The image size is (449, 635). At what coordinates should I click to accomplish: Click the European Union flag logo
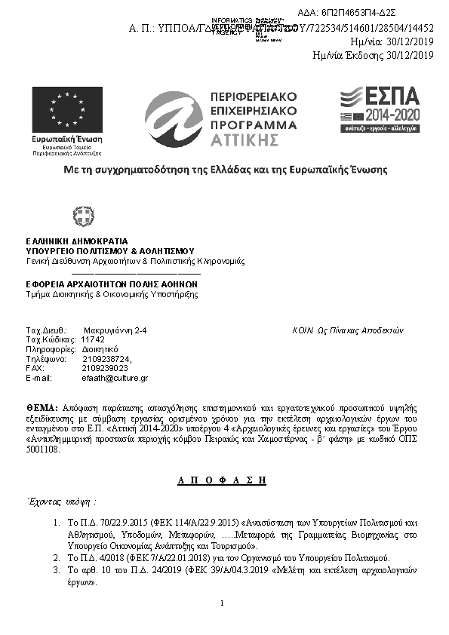(x=67, y=110)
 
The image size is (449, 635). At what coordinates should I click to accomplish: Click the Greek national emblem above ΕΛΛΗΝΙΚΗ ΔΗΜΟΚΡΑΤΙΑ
(x=83, y=217)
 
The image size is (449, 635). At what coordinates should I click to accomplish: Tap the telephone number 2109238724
(x=107, y=359)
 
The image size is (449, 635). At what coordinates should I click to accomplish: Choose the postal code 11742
(x=93, y=340)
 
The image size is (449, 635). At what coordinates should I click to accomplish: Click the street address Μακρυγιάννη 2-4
(x=115, y=331)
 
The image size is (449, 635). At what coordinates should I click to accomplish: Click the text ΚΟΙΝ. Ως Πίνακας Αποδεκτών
(x=348, y=331)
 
